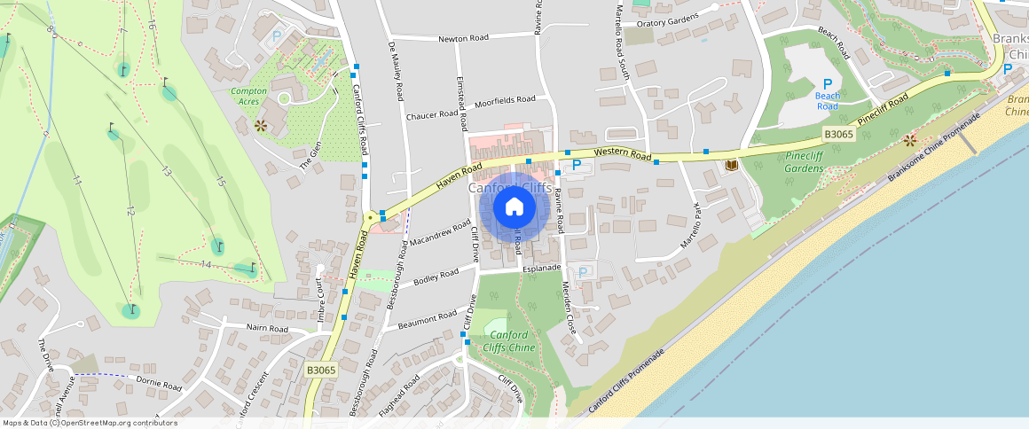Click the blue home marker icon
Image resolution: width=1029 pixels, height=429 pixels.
[x=514, y=207]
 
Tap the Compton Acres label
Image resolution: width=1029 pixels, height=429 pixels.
[x=248, y=97]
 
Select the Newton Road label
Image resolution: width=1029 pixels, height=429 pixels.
[x=464, y=38]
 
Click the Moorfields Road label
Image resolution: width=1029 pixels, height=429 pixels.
[x=505, y=100]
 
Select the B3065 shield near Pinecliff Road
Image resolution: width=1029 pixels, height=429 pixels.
[x=837, y=135]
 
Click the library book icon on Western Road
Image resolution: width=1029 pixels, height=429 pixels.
[x=732, y=165]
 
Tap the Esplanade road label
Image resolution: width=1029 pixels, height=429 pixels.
[x=543, y=267]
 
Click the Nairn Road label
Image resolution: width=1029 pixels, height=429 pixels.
[x=267, y=329]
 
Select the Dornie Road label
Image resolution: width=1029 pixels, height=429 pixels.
[x=160, y=386]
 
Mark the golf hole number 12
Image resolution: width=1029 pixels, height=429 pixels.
[x=130, y=211]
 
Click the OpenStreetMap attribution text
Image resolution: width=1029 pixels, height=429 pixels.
[x=90, y=423]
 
